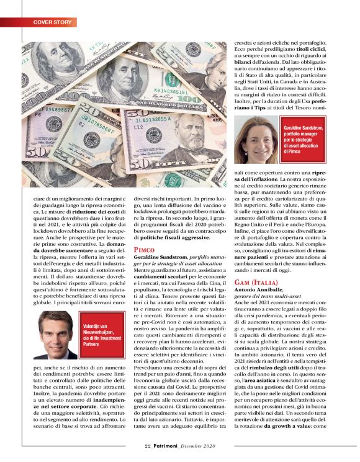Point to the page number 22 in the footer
point(148,446)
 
